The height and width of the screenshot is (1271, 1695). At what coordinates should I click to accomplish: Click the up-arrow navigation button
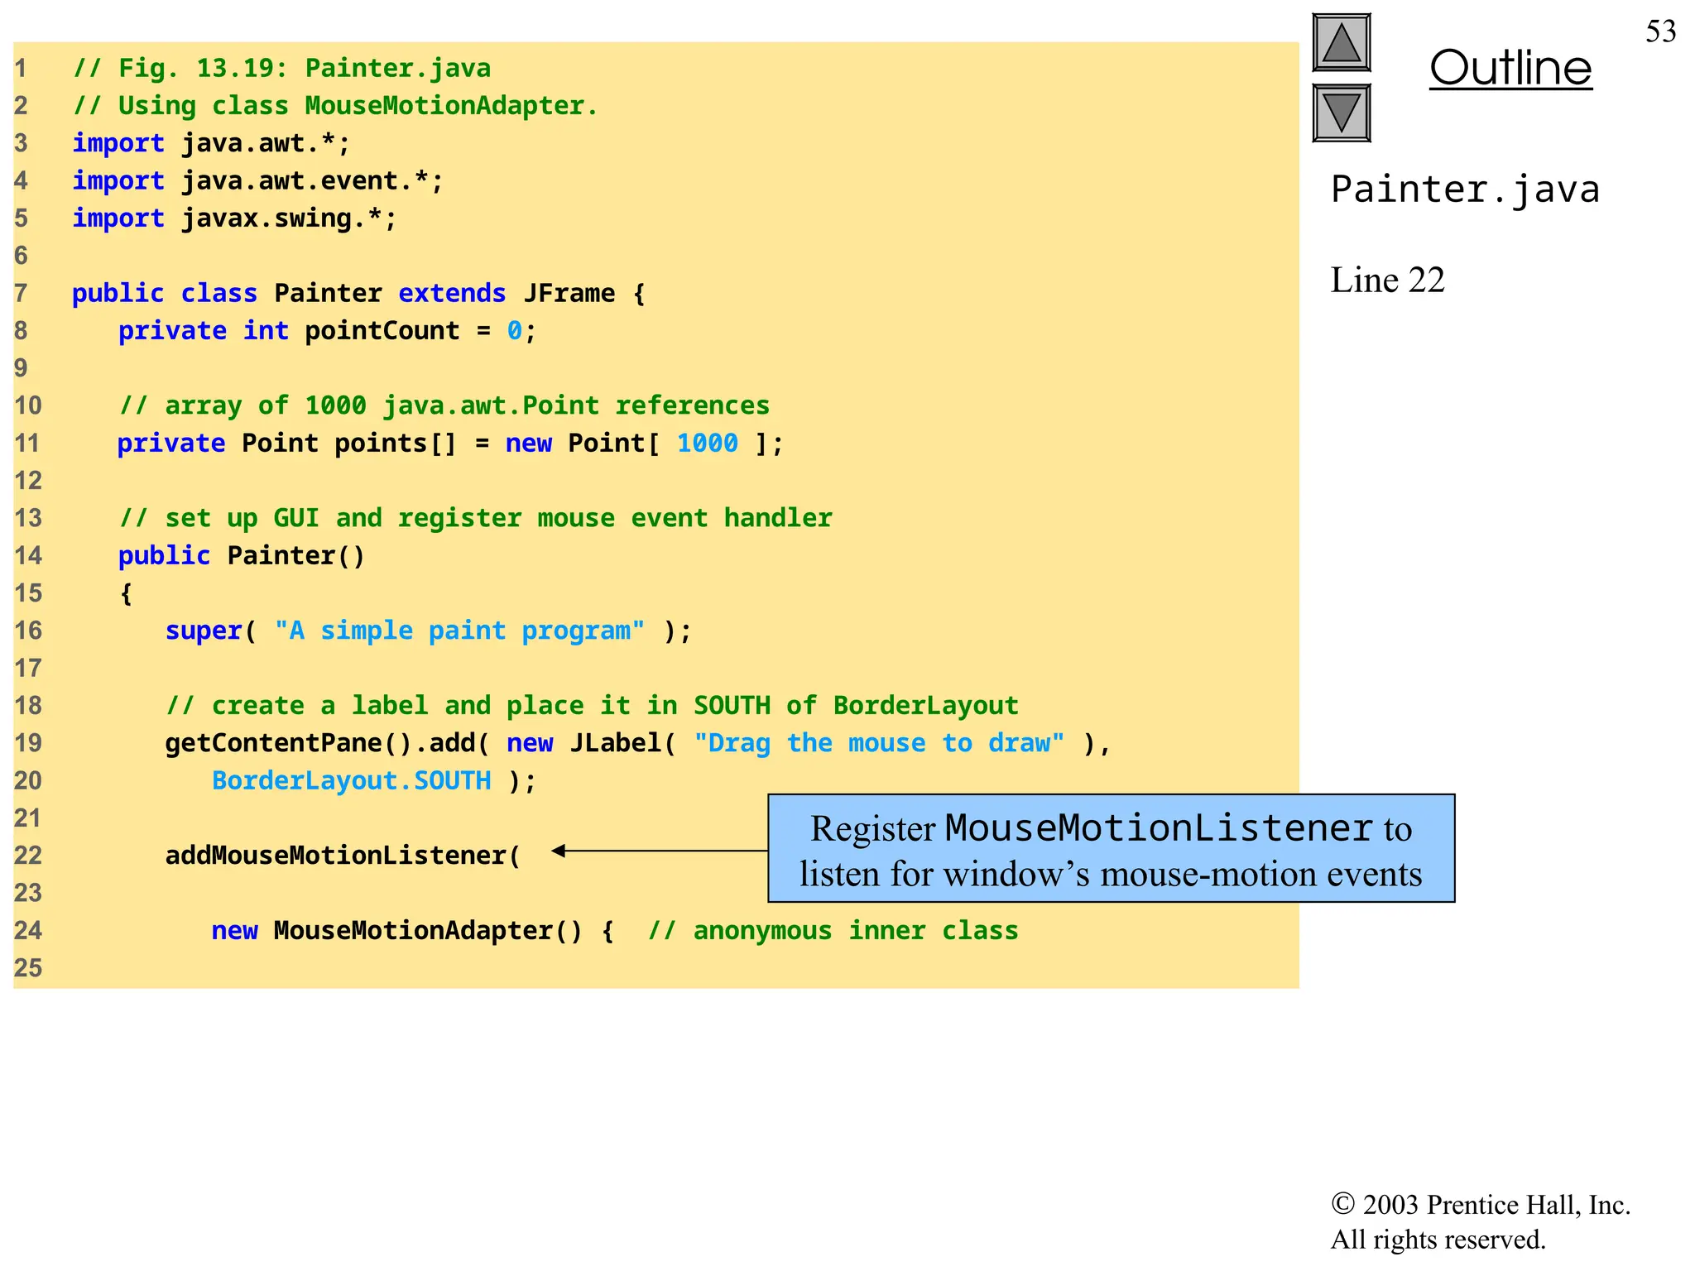click(x=1341, y=42)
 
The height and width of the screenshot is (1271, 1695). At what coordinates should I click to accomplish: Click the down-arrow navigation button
click(x=1341, y=113)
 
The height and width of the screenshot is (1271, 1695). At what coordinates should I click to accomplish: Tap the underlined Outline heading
click(x=1510, y=68)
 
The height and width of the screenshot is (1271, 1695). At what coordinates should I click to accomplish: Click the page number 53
click(x=1659, y=31)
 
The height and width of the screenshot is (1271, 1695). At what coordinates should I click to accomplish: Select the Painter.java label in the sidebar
click(x=1464, y=189)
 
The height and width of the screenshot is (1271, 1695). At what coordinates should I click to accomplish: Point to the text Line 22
click(x=1387, y=280)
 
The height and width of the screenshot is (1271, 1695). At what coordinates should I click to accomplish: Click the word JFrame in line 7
click(x=569, y=293)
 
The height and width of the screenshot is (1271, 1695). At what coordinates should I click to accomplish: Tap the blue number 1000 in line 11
click(x=707, y=443)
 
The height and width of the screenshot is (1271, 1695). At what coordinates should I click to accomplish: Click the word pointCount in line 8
click(x=382, y=330)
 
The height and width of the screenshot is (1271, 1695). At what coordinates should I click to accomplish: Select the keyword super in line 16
click(x=204, y=631)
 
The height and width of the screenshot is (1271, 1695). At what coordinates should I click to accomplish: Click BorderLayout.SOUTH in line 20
click(x=351, y=780)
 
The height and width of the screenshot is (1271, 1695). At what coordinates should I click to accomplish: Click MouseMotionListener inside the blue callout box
click(x=1159, y=827)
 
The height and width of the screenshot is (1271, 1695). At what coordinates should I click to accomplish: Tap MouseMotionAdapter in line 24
click(x=412, y=930)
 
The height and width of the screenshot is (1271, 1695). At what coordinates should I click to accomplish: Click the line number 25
click(x=27, y=967)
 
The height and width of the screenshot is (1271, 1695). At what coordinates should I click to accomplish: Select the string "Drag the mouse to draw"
click(x=879, y=743)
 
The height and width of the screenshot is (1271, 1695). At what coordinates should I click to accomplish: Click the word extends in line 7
click(x=452, y=293)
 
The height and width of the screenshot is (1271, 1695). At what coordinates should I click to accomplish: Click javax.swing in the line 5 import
click(x=266, y=218)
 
